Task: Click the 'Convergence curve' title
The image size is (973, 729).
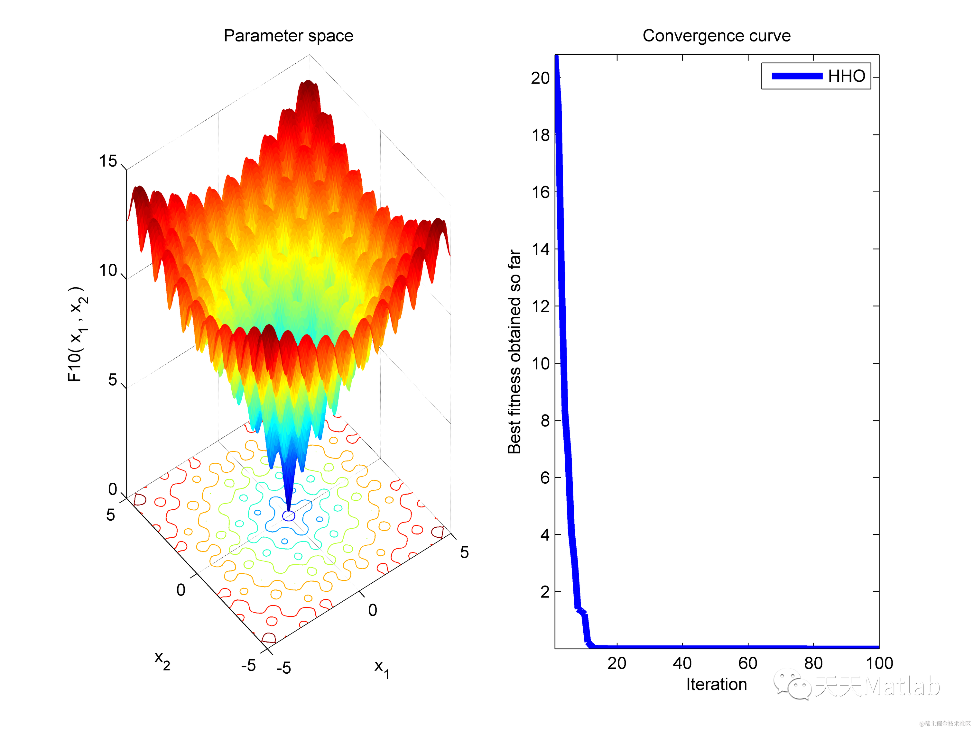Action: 716,36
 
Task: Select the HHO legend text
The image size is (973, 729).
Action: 846,76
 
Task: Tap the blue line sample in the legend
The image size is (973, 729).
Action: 797,76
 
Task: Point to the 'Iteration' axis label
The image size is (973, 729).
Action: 716,684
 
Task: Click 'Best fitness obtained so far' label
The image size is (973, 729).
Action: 514,352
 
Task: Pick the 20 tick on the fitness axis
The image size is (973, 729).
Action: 540,78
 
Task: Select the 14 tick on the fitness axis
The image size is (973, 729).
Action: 540,249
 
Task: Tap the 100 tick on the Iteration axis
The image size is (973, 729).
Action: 879,663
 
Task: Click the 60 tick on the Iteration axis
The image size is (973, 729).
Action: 748,663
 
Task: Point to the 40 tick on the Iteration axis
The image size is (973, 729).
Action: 682,663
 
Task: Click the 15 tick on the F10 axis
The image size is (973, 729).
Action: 108,161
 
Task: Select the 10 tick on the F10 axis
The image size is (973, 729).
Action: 108,270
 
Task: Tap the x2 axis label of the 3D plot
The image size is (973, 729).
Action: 162,660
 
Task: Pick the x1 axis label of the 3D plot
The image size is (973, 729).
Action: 381,668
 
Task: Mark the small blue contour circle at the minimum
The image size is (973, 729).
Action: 289,516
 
